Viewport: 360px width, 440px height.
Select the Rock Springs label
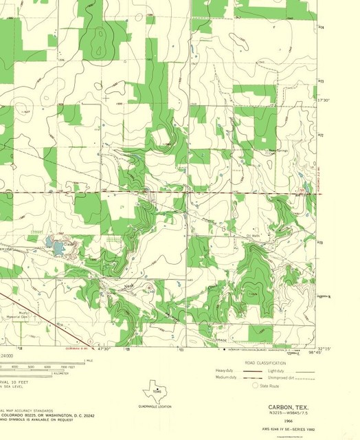pyautogui.click(x=276, y=151)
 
